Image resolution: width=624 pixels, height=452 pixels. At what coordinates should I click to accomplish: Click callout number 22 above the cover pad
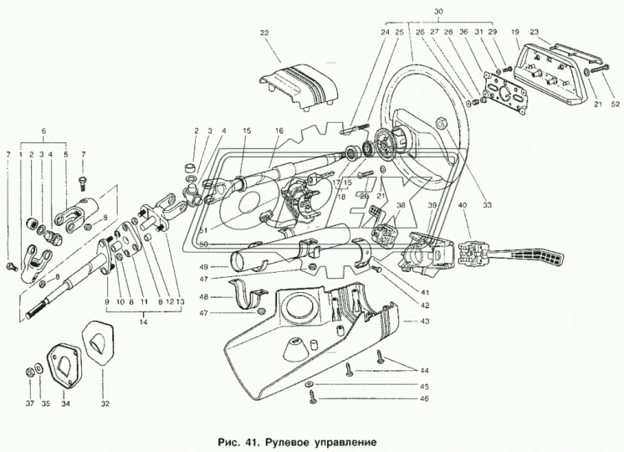click(x=264, y=33)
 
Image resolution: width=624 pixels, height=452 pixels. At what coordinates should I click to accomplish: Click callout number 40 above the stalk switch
click(x=463, y=206)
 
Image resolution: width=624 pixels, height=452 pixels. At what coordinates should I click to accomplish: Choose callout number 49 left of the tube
click(x=202, y=268)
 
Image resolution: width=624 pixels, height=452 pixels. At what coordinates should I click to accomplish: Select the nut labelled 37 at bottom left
click(x=31, y=369)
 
